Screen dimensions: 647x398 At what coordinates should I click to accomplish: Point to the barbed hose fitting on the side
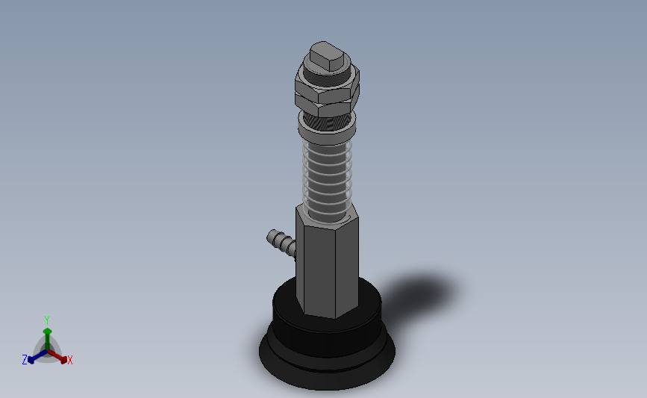click(x=281, y=243)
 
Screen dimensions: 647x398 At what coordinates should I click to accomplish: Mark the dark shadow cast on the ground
click(x=416, y=294)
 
